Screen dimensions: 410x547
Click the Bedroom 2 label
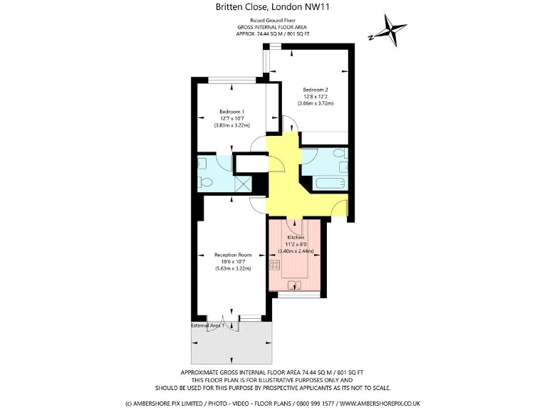pos(315,89)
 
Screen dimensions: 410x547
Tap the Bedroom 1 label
pos(231,112)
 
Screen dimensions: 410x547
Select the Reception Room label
pos(234,255)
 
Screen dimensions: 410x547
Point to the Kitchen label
pos(296,237)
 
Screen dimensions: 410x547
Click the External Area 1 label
pos(207,325)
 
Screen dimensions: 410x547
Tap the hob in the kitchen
pos(274,265)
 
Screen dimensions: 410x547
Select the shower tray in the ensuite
pos(244,183)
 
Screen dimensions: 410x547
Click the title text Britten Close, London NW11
pos(273,7)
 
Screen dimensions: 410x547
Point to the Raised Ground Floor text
pos(273,21)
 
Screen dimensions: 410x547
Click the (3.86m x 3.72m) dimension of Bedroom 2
pos(315,103)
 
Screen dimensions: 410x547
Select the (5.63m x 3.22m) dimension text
pos(234,269)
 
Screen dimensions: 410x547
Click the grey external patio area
pos(232,345)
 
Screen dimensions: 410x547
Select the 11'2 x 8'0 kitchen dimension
pos(296,243)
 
